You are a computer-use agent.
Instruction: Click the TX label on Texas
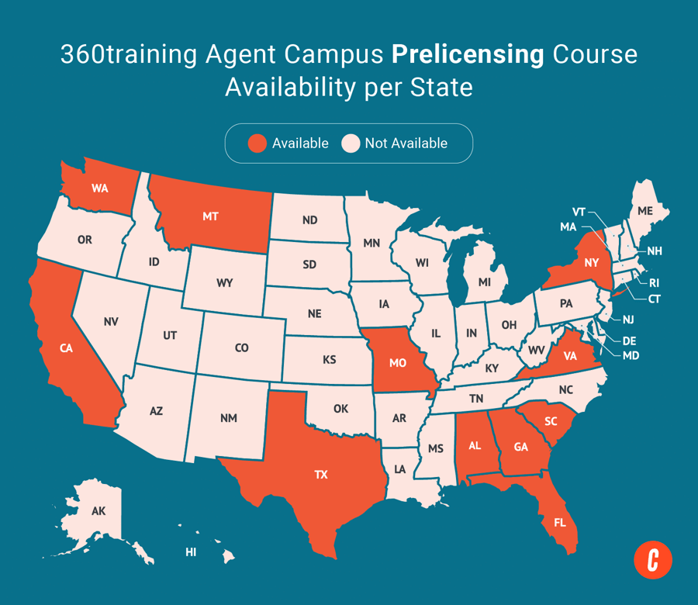point(321,475)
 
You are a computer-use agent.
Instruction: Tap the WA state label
point(99,188)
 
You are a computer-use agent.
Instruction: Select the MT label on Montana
point(210,216)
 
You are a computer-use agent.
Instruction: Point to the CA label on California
point(66,348)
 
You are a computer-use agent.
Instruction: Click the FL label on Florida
point(559,522)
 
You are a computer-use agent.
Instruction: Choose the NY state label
point(592,263)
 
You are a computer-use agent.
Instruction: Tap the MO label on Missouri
point(399,362)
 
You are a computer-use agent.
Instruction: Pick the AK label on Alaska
point(98,511)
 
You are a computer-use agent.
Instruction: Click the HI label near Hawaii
point(190,552)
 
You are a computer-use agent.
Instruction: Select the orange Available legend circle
point(257,143)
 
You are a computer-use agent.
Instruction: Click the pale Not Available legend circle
point(351,143)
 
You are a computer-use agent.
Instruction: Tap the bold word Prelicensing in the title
point(446,55)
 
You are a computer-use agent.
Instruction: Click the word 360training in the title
point(128,55)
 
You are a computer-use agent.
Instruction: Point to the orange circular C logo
point(652,559)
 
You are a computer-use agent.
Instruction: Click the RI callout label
point(653,283)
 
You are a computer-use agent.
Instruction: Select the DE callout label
point(629,340)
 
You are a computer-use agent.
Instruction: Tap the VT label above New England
point(579,212)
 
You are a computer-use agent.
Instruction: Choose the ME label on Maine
point(644,211)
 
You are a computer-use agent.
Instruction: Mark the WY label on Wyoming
point(224,283)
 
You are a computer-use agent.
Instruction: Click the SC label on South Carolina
point(551,421)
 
